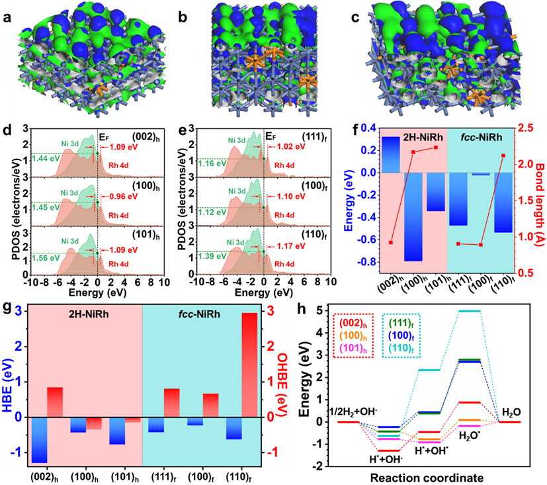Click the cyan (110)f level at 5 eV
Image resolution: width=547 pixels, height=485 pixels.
(469, 311)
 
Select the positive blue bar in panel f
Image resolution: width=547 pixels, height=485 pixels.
(391, 154)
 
